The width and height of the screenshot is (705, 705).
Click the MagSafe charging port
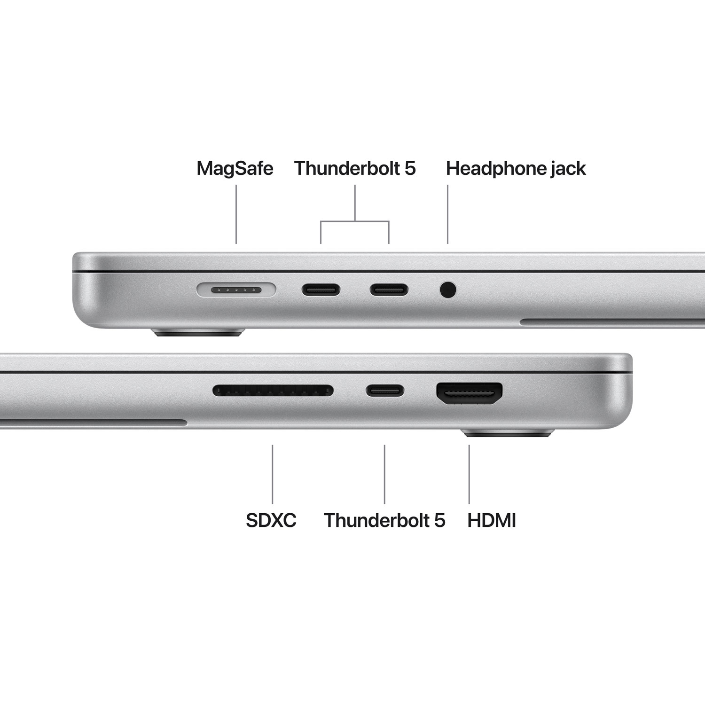click(x=236, y=290)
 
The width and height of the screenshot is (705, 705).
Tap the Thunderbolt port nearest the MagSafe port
click(x=321, y=290)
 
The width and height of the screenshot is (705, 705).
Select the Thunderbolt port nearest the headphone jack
click(x=389, y=290)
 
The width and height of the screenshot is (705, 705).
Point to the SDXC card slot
click(x=273, y=390)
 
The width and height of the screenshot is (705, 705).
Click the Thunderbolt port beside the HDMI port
click(x=385, y=390)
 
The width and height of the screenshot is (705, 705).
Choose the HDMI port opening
click(x=470, y=392)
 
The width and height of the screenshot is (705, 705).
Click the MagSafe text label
click(x=235, y=168)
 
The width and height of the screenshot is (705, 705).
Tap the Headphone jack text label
click(x=516, y=168)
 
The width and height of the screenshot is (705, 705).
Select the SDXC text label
click(x=271, y=520)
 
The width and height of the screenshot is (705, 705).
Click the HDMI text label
click(x=492, y=520)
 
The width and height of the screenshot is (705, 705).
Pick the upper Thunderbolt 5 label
click(x=355, y=168)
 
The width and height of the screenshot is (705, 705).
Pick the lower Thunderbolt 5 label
click(x=384, y=520)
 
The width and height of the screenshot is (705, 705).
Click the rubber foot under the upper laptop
click(x=198, y=333)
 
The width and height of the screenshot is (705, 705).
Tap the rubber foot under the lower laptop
click(x=509, y=433)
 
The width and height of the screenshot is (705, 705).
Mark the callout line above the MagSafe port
click(x=236, y=214)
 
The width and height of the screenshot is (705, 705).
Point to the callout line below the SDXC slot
click(x=273, y=474)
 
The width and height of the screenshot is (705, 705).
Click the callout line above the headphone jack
click(x=447, y=214)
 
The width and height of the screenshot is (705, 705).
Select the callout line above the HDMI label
click(x=469, y=474)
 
